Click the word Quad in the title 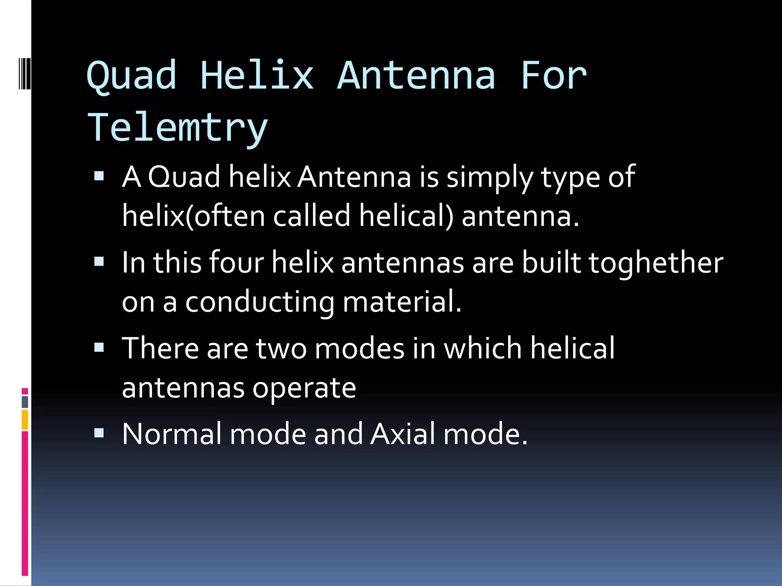(132, 76)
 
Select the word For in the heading (553, 76)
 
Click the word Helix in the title (257, 76)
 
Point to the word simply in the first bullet (490, 177)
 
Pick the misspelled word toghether (656, 263)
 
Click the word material (402, 301)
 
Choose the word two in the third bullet (281, 349)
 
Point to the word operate (304, 388)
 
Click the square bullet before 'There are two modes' (99, 348)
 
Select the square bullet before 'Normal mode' (99, 433)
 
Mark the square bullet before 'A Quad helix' (99, 176)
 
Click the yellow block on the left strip (25, 420)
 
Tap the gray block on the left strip (25, 402)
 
